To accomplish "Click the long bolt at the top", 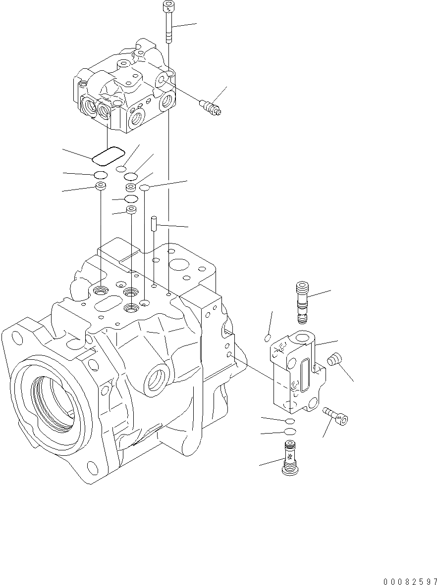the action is [x=168, y=22].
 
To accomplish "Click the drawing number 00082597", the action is [x=410, y=581].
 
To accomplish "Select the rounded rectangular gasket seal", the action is [x=109, y=156].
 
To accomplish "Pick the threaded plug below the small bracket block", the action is [x=290, y=457].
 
